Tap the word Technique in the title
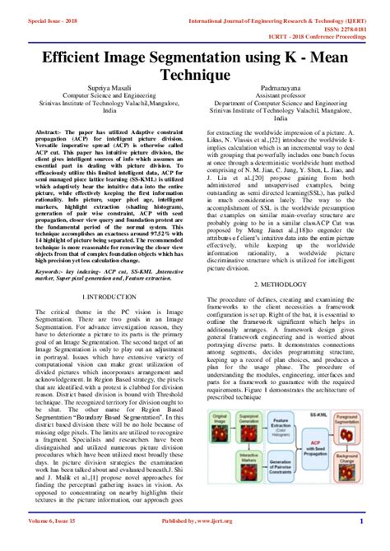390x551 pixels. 195,76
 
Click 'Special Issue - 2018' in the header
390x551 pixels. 33,20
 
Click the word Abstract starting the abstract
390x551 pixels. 50,132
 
